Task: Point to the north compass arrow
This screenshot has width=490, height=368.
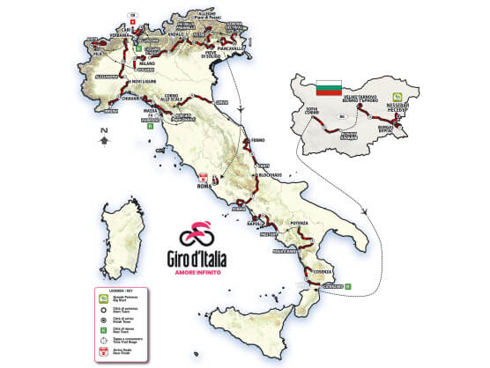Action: (103, 135)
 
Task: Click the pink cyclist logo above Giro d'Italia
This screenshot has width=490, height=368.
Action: (199, 234)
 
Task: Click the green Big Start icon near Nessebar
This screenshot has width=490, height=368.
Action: (398, 96)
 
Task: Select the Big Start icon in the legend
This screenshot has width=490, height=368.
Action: (105, 299)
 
